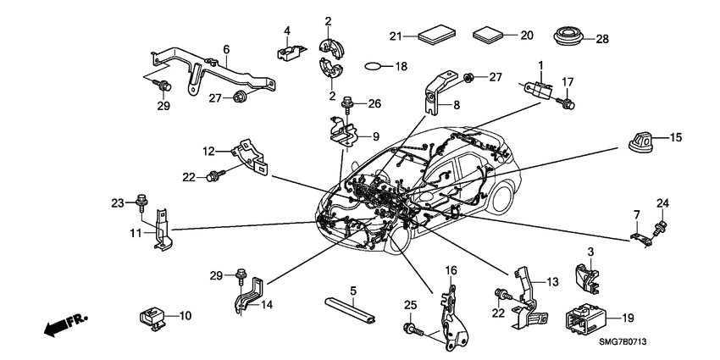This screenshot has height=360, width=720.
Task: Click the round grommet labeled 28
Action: tap(567, 39)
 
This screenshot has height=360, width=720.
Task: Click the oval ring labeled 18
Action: tap(375, 65)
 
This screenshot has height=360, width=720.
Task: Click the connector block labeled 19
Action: tap(585, 319)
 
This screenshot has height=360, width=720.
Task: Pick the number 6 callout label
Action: tap(226, 50)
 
